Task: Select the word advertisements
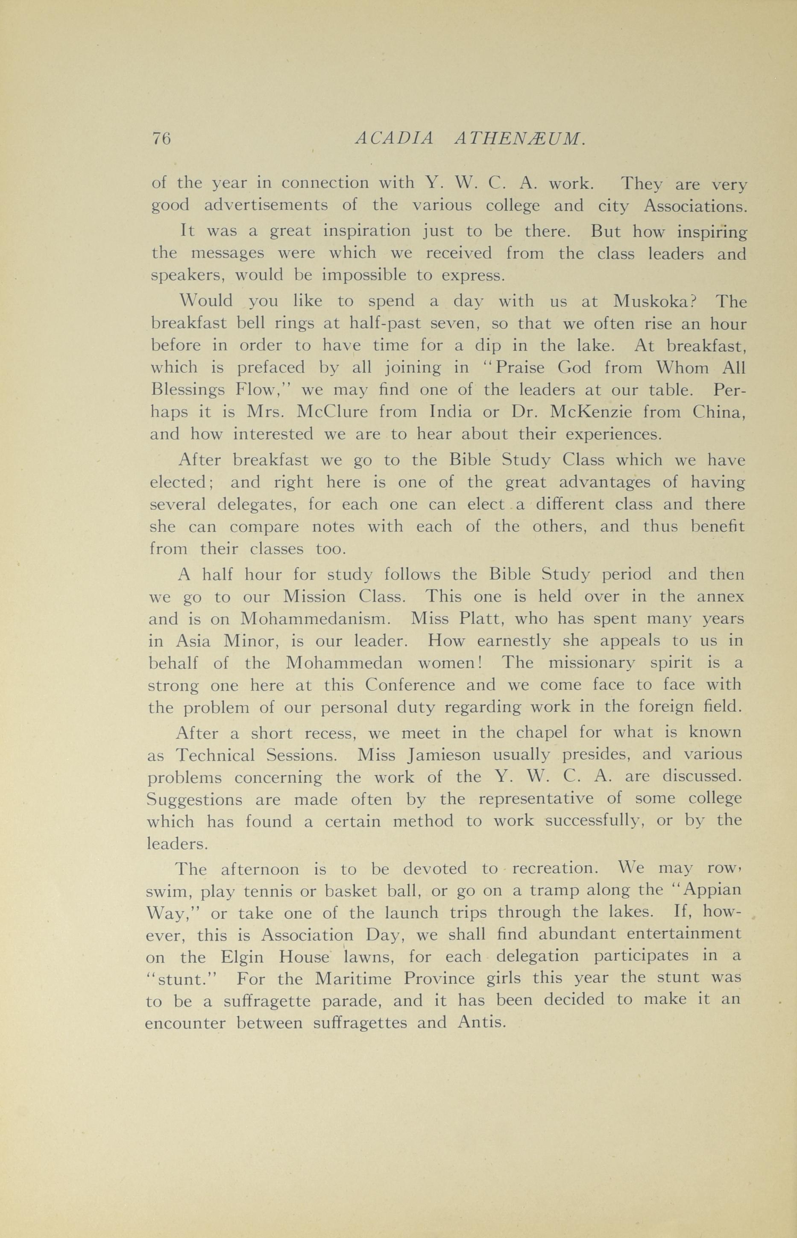coord(266,206)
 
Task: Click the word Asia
coord(193,641)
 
